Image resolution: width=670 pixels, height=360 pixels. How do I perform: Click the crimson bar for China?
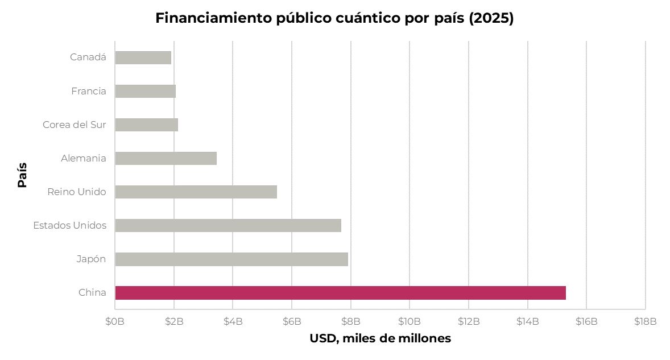[x=340, y=293]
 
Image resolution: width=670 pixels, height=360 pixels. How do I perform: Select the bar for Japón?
[x=231, y=259]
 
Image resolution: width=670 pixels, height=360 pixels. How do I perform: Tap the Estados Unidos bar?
[x=228, y=225]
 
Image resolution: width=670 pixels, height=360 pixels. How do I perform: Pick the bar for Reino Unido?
[x=196, y=192]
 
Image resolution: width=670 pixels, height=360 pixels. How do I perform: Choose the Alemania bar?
[x=166, y=159]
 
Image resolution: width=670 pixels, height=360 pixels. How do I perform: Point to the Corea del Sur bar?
[x=147, y=125]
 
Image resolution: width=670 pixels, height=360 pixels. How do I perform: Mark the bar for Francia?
[x=145, y=91]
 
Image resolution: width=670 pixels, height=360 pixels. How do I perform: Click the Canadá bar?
[x=143, y=57]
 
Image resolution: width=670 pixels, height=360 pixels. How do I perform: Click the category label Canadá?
[x=88, y=57]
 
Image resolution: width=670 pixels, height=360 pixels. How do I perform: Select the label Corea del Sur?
[x=75, y=125]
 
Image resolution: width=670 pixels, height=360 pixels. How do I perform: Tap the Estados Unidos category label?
[x=69, y=225]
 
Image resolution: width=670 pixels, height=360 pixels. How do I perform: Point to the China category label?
[x=92, y=292]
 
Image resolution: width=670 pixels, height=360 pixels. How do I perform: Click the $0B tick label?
[x=115, y=321]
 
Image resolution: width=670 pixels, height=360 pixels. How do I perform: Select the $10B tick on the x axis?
[x=410, y=321]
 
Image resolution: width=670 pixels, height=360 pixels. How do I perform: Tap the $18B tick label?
[x=645, y=321]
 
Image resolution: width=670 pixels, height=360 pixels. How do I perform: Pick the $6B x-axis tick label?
[x=292, y=321]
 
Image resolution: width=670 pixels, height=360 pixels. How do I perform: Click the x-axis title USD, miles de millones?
[x=381, y=338]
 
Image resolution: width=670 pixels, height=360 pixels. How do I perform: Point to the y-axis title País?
[x=22, y=175]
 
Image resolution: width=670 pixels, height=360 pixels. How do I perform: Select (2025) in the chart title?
[x=491, y=18]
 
